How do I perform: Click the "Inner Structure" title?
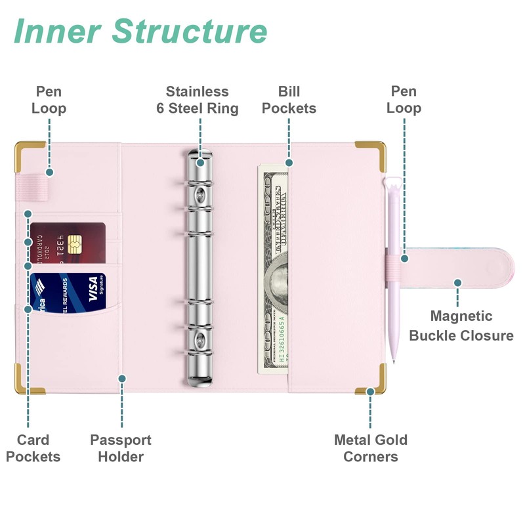[x=140, y=31]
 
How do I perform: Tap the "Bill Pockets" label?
[x=289, y=100]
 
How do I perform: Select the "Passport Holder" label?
[x=121, y=448]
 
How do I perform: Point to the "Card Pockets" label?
[x=33, y=448]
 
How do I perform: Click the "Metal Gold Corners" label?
[x=371, y=448]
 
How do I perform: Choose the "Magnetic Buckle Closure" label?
[x=461, y=326]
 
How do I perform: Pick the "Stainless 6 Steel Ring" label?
[x=197, y=100]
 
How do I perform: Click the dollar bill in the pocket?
[x=273, y=269]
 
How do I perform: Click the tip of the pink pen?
[x=393, y=360]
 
